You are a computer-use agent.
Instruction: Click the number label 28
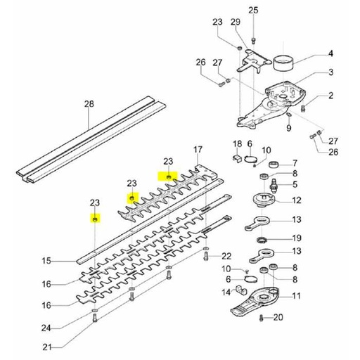tap(89, 104)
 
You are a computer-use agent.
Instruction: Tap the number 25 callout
tap(254, 9)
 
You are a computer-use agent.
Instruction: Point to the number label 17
tap(198, 150)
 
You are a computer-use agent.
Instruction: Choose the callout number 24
tap(46, 328)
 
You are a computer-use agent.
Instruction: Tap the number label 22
tap(226, 255)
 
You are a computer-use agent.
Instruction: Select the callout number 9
tap(288, 128)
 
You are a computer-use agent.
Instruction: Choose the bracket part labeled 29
tap(250, 61)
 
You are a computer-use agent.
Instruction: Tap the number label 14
tap(226, 292)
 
